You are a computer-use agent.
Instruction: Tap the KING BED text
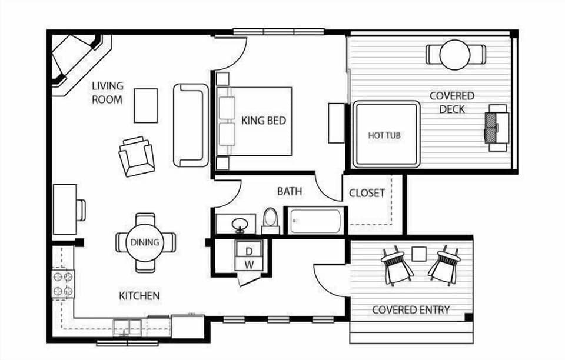tap(264, 121)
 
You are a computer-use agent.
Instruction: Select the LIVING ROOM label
tap(107, 93)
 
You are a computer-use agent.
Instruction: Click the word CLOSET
tap(367, 193)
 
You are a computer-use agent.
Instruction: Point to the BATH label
tap(290, 191)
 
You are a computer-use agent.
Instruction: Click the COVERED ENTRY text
tap(411, 309)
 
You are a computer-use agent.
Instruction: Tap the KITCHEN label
tap(139, 295)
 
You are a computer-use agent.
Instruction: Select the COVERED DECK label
tap(451, 102)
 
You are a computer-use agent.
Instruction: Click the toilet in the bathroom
tap(270, 219)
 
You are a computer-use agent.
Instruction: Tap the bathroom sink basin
tap(240, 224)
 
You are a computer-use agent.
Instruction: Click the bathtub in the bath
tap(315, 221)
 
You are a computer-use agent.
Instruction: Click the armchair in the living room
tap(137, 156)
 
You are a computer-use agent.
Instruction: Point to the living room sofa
tap(191, 125)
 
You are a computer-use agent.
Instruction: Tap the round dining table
tap(145, 242)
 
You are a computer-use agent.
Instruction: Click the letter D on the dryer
tap(249, 251)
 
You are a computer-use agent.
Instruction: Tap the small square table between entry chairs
tap(418, 254)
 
